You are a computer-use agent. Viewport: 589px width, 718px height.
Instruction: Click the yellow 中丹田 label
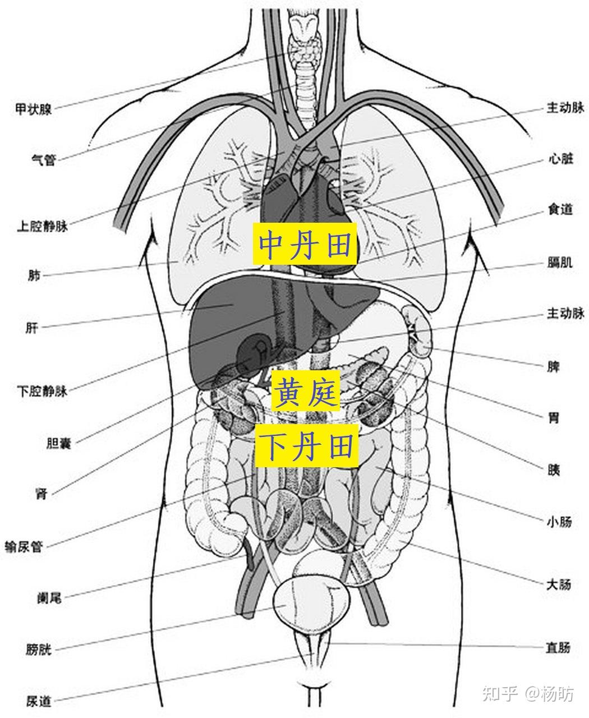tap(305, 244)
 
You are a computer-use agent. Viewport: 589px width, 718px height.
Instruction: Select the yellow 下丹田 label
tap(306, 446)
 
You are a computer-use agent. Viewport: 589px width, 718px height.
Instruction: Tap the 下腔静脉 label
tap(43, 391)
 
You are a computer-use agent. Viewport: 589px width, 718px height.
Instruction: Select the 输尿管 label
tap(24, 546)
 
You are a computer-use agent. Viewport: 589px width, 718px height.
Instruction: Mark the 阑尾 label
tap(49, 598)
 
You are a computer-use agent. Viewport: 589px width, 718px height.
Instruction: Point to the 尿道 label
tap(38, 701)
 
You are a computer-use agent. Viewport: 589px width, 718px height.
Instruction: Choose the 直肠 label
tap(559, 648)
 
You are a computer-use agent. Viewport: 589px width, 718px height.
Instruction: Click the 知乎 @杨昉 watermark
tap(528, 694)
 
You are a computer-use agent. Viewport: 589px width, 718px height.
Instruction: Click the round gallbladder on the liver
tap(253, 353)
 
